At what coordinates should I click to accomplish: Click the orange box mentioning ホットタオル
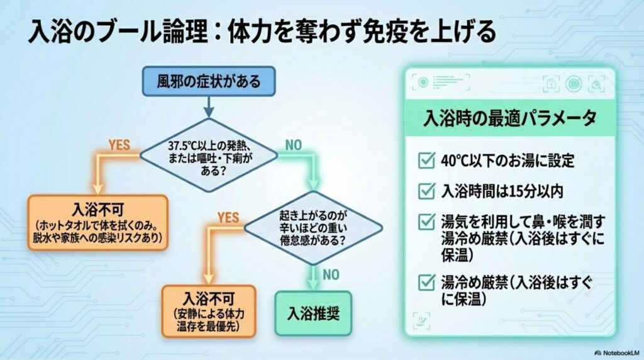pos(97,222)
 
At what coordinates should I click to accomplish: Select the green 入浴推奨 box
pos(313,313)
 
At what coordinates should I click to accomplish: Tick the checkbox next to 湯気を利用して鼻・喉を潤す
pos(426,222)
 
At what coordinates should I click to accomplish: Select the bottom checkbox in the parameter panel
pos(426,283)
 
